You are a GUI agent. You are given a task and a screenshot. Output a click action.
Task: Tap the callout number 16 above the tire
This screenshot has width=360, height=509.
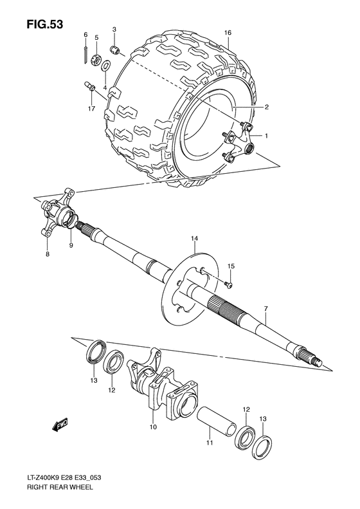(x=228, y=33)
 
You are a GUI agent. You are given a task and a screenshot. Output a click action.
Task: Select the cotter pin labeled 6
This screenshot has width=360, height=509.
(x=85, y=53)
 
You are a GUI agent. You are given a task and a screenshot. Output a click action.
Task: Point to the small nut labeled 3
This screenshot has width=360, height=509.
(x=114, y=50)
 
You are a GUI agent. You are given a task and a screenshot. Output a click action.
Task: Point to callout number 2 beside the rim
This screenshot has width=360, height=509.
(x=265, y=107)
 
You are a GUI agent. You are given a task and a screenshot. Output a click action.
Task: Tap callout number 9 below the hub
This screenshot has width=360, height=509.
(x=71, y=245)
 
